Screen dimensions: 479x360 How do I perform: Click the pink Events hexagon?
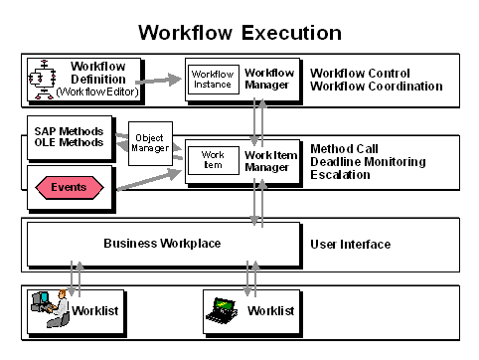[70, 187]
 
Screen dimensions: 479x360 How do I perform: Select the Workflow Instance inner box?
[214, 80]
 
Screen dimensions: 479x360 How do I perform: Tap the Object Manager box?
[150, 143]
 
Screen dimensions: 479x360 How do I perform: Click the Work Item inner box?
[214, 160]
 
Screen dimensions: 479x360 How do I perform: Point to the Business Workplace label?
[162, 244]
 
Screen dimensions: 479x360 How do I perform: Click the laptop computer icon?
[222, 310]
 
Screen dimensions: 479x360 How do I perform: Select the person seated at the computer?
[59, 308]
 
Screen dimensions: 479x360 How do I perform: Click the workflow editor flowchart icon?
[42, 80]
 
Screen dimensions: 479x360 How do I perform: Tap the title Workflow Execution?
[239, 33]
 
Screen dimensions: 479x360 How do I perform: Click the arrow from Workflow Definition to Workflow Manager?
[158, 81]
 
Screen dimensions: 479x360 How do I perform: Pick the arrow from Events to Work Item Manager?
[149, 180]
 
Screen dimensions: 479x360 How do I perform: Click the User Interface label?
[350, 245]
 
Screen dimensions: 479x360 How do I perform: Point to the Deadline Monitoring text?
[368, 162]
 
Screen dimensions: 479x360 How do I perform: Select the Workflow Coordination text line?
[377, 87]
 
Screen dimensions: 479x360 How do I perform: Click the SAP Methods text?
[69, 131]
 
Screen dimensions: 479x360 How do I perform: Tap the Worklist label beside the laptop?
[270, 310]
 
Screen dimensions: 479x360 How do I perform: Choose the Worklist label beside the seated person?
[95, 310]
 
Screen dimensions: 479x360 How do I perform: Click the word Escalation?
[340, 175]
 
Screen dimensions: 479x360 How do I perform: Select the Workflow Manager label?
[269, 79]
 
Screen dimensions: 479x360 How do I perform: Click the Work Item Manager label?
[270, 161]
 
